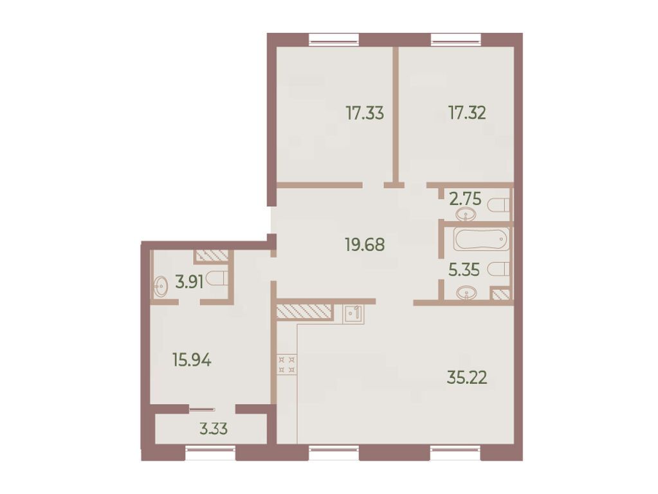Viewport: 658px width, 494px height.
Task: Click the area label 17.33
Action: tap(365, 114)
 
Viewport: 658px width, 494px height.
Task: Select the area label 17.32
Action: tap(467, 113)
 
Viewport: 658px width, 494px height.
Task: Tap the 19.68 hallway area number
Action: tap(365, 245)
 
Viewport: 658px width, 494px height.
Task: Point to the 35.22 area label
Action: tap(467, 377)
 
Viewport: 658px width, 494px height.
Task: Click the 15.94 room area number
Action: tap(191, 360)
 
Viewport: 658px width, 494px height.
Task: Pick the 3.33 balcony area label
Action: tap(213, 429)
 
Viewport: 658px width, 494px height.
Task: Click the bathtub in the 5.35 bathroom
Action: tap(481, 239)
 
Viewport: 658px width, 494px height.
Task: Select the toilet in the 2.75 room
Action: tap(498, 205)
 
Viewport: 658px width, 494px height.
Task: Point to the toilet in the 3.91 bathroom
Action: tap(217, 279)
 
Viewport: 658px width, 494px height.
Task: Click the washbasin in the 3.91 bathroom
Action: tap(160, 286)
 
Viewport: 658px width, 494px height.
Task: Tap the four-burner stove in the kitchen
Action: tap(286, 365)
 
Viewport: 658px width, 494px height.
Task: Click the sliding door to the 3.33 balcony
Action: tap(203, 408)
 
